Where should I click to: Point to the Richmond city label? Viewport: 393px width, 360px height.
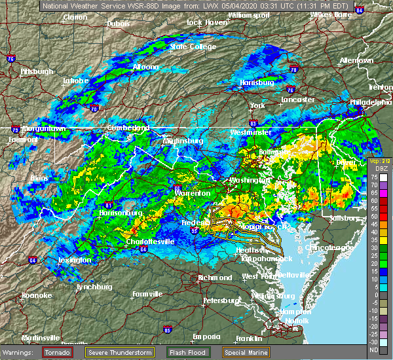[215, 278]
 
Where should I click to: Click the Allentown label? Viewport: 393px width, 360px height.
[356, 60]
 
